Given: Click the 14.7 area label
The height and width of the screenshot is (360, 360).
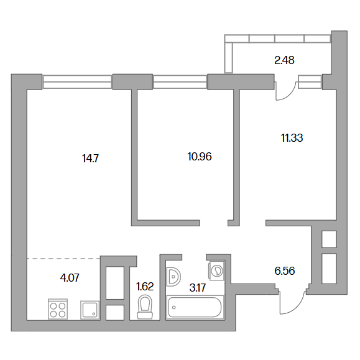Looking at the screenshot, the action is pyautogui.click(x=90, y=159).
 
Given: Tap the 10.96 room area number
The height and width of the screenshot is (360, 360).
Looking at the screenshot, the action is pyautogui.click(x=200, y=157).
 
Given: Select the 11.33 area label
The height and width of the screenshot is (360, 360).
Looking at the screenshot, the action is pyautogui.click(x=292, y=138).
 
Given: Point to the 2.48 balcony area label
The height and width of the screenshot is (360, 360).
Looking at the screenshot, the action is pyautogui.click(x=285, y=60).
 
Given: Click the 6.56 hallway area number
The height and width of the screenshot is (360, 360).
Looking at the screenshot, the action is pyautogui.click(x=285, y=271).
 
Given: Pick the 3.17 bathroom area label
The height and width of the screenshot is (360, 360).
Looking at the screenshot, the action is pyautogui.click(x=198, y=288).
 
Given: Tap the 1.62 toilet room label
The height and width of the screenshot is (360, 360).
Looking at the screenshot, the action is pyautogui.click(x=145, y=287).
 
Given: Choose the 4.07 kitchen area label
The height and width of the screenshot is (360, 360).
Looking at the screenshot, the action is pyautogui.click(x=70, y=278).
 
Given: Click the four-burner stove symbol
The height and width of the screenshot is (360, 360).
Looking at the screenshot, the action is pyautogui.click(x=58, y=309).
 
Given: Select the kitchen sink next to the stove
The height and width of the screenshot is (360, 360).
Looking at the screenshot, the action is pyautogui.click(x=90, y=310).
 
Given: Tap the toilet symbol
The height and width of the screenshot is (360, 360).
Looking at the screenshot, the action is pyautogui.click(x=145, y=307).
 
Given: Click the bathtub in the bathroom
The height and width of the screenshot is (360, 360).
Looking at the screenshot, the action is pyautogui.click(x=195, y=307).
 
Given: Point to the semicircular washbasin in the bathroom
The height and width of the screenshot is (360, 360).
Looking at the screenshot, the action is pyautogui.click(x=173, y=277).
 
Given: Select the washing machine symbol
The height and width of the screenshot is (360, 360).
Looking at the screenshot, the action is pyautogui.click(x=216, y=270).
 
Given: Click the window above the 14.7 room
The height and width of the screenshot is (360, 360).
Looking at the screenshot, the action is pyautogui.click(x=77, y=82).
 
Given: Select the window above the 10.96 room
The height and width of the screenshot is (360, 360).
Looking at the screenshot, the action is pyautogui.click(x=180, y=82).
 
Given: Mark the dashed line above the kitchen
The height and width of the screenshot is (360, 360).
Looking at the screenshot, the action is pyautogui.click(x=63, y=259).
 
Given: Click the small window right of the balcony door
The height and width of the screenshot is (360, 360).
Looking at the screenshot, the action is pyautogui.click(x=310, y=82).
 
